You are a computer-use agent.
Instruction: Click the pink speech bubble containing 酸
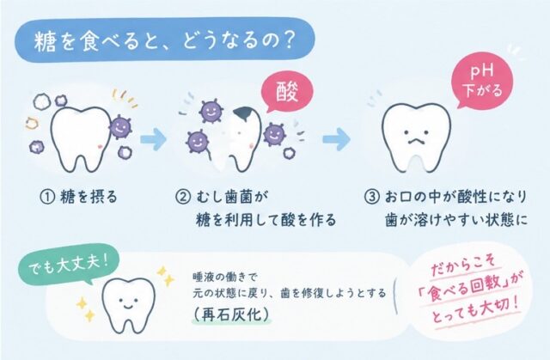pos(286,94)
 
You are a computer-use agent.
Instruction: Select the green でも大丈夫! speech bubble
pos(68,265)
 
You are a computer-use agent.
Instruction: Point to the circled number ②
pos(183,197)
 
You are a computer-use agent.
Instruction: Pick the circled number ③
pos(372,197)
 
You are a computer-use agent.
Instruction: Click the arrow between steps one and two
pos(153,139)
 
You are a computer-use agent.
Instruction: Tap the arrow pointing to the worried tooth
pos(336,139)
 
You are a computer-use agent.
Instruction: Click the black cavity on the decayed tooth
pos(244,113)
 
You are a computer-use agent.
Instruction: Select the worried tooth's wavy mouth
pos(416,142)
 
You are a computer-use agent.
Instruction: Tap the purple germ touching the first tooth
pos(120,127)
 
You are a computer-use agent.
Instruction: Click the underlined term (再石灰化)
pos(232,314)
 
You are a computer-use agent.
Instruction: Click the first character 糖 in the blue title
pos(46,42)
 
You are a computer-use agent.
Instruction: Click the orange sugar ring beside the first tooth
pos(32,124)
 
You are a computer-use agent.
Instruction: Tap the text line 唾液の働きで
pos(225,278)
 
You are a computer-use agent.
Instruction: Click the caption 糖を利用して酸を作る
pos(266,220)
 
